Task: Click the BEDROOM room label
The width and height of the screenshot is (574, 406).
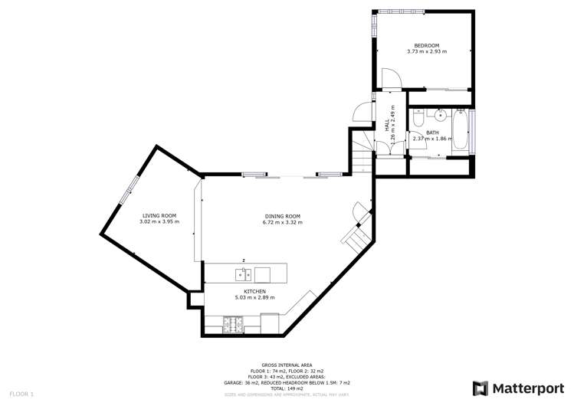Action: click(426, 46)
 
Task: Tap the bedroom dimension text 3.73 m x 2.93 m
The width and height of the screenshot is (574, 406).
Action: click(426, 52)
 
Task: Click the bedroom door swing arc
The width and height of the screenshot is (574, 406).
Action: click(390, 77)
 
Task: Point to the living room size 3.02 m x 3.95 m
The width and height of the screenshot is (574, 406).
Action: click(159, 222)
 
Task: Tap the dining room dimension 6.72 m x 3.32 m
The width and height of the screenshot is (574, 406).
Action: click(282, 223)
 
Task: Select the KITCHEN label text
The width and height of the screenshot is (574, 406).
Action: click(254, 292)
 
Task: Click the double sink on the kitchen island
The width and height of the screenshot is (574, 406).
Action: click(239, 273)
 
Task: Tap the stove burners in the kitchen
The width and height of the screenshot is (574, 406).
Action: click(233, 326)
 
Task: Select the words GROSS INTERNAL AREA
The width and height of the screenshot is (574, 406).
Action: click(280, 365)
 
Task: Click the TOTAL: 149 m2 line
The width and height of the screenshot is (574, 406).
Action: click(280, 388)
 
